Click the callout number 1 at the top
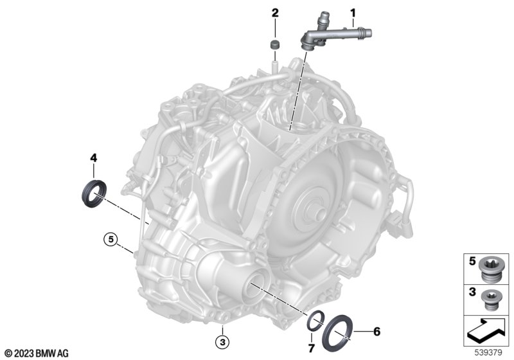pos(353,13)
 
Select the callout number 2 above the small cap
pos(275,13)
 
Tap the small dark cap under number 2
pos(275,44)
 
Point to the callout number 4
pos(94,158)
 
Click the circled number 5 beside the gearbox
pos(111,239)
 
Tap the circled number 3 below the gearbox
pos(222,343)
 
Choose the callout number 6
pos(377,332)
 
